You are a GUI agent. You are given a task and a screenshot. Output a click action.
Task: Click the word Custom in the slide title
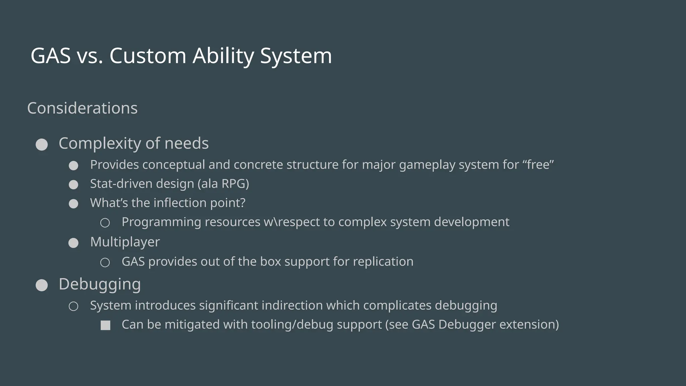click(x=147, y=56)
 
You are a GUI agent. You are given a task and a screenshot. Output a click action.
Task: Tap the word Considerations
click(x=82, y=108)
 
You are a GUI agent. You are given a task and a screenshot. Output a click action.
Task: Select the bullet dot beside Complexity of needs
click(x=42, y=145)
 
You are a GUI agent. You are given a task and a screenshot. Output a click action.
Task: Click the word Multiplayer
click(x=125, y=242)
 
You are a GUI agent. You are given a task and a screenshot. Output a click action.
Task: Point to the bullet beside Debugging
click(x=42, y=285)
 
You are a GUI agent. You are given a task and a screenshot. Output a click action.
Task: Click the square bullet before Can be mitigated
click(x=106, y=325)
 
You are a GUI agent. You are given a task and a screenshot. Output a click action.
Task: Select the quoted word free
click(x=538, y=165)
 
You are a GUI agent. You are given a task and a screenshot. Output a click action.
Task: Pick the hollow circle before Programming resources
click(x=105, y=223)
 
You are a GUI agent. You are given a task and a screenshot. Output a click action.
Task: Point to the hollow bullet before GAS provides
click(x=105, y=262)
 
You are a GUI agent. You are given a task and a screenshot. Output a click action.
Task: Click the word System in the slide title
click(x=296, y=56)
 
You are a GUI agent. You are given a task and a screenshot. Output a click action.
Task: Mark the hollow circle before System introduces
click(x=73, y=306)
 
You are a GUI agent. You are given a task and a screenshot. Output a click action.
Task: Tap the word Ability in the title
click(x=223, y=56)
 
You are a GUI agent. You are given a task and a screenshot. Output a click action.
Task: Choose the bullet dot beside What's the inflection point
click(x=73, y=204)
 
